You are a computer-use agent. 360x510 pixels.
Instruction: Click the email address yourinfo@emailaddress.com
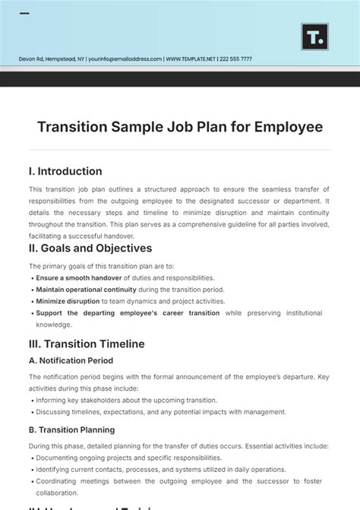click(125, 59)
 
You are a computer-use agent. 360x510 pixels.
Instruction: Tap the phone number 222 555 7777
click(236, 59)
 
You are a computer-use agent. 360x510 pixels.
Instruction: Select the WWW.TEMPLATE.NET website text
click(191, 59)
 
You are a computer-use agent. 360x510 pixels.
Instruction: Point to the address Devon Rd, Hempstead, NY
click(52, 59)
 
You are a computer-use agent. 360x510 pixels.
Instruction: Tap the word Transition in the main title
click(75, 126)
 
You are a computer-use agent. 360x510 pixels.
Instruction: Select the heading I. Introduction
click(65, 171)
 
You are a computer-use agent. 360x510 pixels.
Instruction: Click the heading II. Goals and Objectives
click(90, 248)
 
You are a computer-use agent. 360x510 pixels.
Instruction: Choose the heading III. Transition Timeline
click(87, 344)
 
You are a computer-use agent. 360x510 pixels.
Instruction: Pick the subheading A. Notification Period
click(71, 360)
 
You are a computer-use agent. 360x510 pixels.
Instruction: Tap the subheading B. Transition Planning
click(72, 429)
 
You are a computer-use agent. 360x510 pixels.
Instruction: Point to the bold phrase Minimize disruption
click(67, 301)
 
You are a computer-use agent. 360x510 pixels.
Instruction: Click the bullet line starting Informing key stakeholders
click(126, 400)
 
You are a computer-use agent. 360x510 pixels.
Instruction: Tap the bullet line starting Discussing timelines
click(160, 412)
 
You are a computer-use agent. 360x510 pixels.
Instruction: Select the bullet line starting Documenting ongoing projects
click(128, 458)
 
